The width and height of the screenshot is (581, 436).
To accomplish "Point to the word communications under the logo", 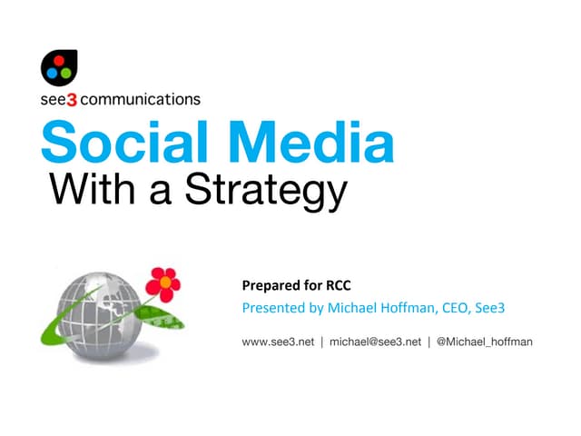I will click(x=141, y=99).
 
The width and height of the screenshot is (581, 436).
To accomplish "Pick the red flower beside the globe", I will click(x=162, y=283).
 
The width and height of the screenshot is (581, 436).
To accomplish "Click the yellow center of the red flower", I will click(x=163, y=282).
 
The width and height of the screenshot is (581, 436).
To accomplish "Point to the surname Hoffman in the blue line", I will click(x=407, y=309).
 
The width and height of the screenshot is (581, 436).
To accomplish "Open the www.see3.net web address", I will click(x=278, y=342).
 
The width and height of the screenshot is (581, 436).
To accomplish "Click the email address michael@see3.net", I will click(x=375, y=342).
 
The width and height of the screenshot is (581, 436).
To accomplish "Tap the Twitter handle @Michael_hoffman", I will click(x=483, y=342).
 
